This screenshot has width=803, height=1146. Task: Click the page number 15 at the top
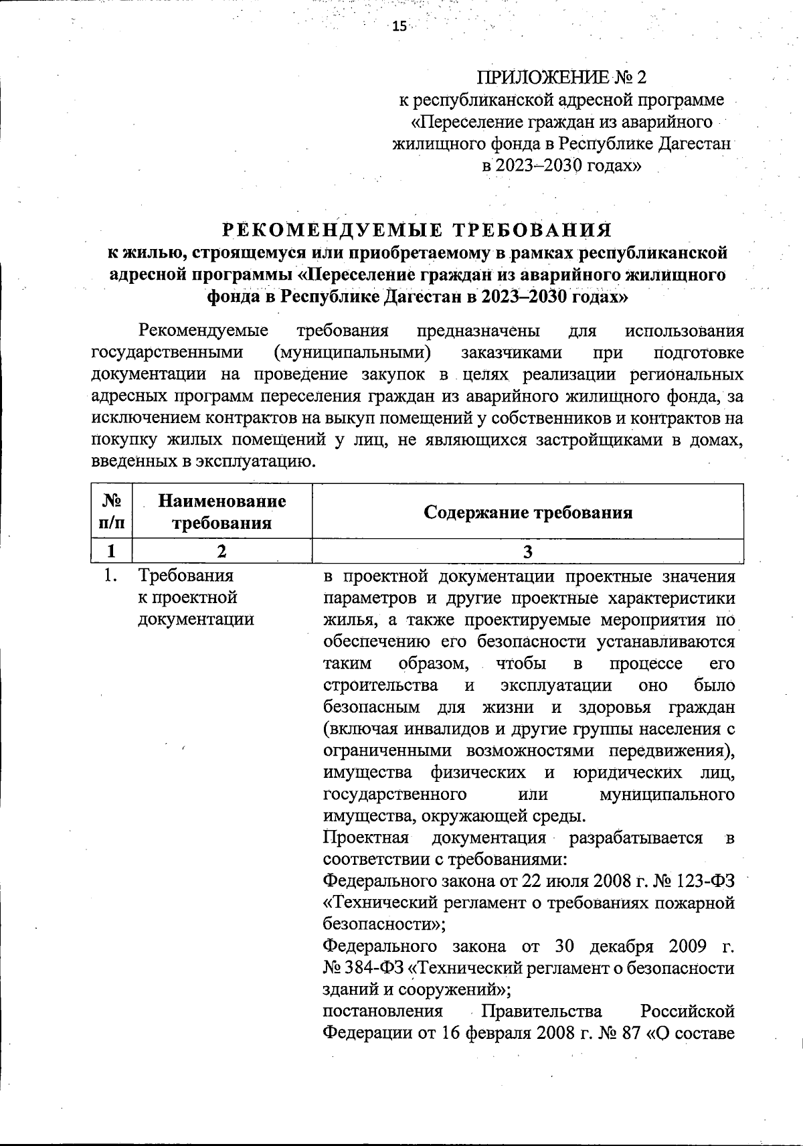399,26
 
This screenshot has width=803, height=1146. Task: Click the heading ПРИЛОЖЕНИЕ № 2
561,78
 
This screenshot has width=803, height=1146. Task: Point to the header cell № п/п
111,511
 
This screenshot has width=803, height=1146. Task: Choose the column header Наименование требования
221,511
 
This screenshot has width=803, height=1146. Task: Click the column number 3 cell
528,551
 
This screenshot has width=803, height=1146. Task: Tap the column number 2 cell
221,551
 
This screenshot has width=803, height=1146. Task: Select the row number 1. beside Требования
111,576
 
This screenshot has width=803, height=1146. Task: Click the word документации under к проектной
196,619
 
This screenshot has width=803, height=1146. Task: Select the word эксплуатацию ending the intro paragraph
265,461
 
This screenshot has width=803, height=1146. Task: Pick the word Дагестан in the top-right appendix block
696,143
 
